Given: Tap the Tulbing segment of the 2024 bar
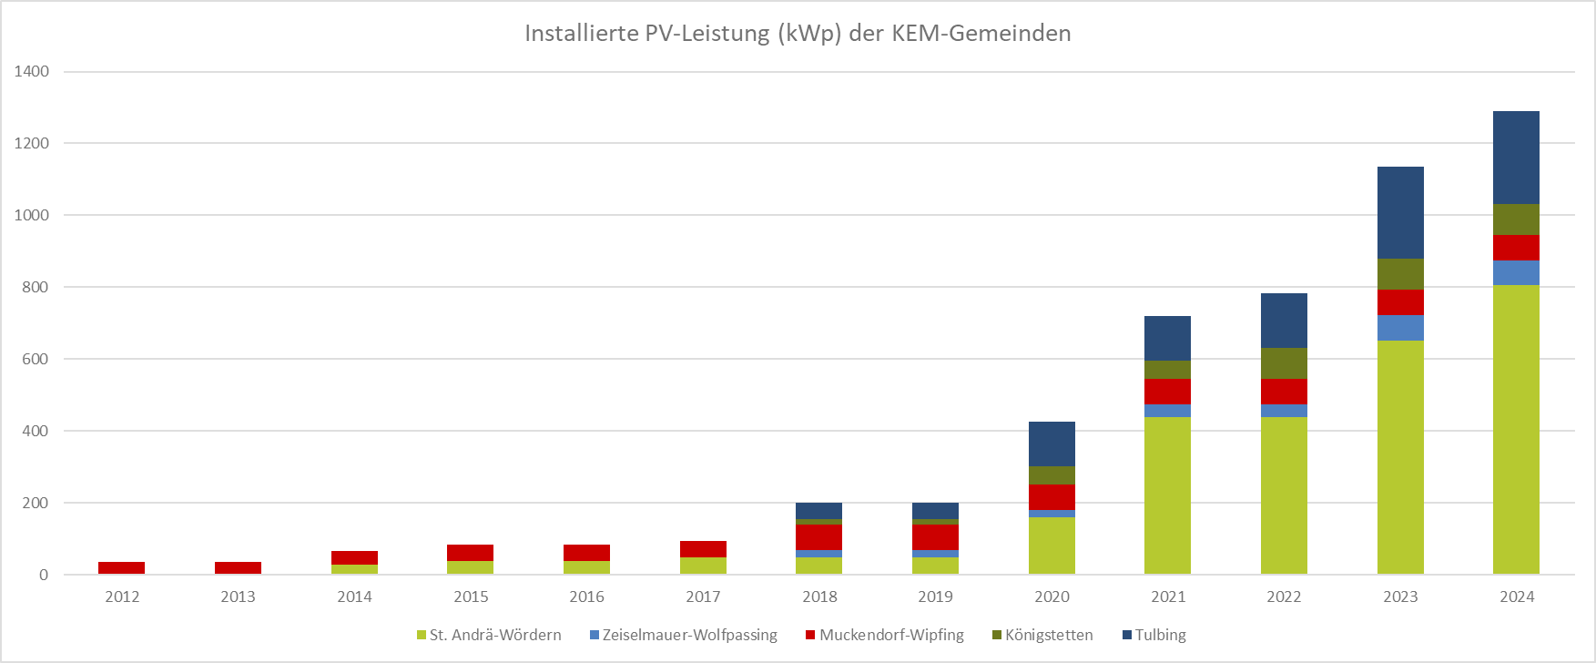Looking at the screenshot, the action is click(1516, 158).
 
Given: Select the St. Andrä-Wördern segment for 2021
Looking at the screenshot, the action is click(1167, 495).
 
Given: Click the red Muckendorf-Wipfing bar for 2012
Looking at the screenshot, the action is click(121, 567).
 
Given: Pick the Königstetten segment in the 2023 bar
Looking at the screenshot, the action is click(1400, 274).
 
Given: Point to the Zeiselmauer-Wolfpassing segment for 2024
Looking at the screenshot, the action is click(1516, 273).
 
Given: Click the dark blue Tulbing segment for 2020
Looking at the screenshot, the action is click(1052, 444).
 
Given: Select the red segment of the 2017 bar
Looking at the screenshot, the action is click(703, 549).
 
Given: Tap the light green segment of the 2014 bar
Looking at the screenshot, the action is click(354, 569).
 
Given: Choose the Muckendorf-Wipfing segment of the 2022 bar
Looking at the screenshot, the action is click(1284, 392).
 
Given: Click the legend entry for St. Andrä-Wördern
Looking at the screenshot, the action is click(489, 635).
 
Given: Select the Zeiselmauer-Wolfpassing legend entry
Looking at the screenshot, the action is click(684, 635).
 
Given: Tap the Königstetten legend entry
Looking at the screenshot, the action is click(1042, 635).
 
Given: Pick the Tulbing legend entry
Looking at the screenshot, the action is click(1154, 635).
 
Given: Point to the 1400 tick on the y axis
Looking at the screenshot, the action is click(32, 71).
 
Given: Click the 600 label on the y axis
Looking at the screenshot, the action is click(36, 359).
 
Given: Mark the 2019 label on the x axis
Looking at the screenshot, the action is click(935, 597).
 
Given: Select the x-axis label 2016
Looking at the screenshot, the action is click(586, 597).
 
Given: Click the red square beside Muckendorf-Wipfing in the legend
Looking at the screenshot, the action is click(810, 635).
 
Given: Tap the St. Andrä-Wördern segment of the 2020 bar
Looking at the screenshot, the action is click(1052, 546).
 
